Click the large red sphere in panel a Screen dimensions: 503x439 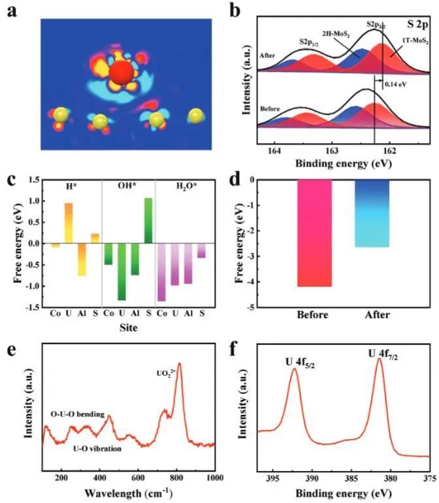[120, 71]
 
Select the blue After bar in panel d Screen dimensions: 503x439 [372, 214]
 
